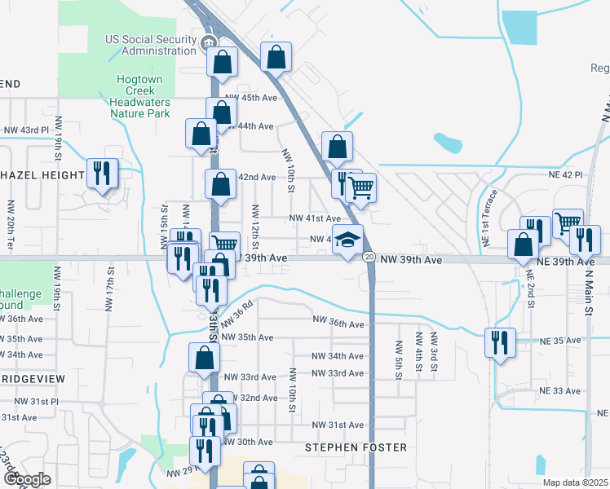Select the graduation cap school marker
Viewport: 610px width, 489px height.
(347, 240)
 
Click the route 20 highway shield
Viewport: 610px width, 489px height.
(369, 258)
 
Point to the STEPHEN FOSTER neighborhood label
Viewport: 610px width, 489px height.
(356, 447)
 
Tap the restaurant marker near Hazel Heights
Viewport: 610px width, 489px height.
(103, 174)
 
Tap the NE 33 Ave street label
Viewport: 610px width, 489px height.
(563, 391)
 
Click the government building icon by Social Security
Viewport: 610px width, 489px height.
(207, 43)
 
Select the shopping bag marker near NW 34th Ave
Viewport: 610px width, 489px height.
(204, 357)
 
